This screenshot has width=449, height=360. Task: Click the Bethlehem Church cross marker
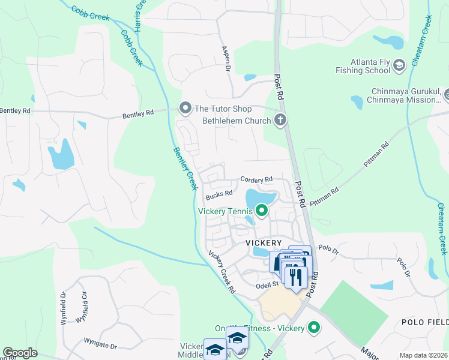tap(280, 120)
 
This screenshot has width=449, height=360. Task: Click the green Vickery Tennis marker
tap(261, 210)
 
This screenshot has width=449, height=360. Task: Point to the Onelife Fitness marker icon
tap(313, 328)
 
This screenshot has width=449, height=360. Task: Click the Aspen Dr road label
tap(226, 59)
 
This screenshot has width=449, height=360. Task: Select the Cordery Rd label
tap(256, 179)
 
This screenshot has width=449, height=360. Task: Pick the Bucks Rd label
tap(218, 194)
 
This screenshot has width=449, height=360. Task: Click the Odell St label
tap(268, 284)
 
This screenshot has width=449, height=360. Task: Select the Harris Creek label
tap(139, 15)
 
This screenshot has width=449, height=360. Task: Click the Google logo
tap(20, 353)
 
